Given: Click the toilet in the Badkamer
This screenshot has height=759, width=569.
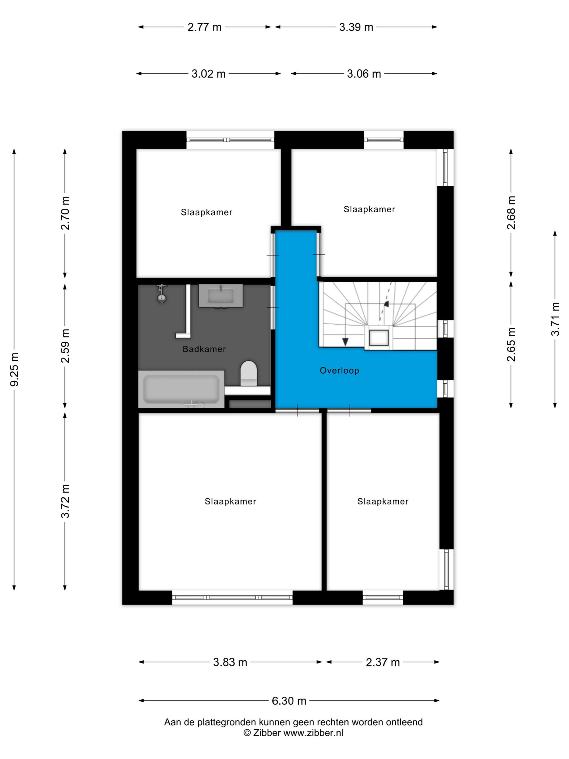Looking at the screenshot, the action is pos(249,374).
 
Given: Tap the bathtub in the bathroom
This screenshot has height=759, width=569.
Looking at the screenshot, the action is pos(181,389).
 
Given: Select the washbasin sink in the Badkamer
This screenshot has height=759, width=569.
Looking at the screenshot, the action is pos(220,295).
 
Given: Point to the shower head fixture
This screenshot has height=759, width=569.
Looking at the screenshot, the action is pos(161,294).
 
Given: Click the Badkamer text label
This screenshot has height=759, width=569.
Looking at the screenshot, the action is pos(204,349).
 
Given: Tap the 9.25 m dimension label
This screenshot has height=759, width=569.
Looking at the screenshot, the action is pos(15,369).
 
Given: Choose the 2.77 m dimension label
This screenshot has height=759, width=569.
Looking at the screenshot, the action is pos(204,27).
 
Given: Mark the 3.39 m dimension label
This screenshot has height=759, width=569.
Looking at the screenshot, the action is pos(356,27).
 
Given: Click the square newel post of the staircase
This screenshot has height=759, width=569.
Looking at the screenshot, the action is pos(379,338).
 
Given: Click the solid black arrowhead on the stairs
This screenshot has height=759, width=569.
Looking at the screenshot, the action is pos(345,342).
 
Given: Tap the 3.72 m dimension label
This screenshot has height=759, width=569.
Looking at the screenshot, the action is pos(65,501).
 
